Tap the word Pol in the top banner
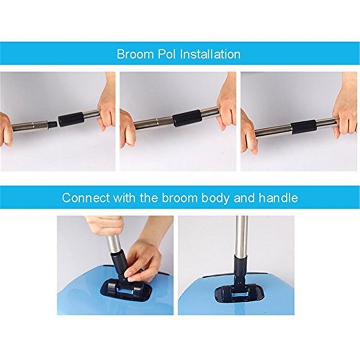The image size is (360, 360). point(165,54)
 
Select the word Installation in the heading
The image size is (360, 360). point(210,54)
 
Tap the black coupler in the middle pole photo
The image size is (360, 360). point(187,117)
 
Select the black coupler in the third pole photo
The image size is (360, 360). point(303,126)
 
